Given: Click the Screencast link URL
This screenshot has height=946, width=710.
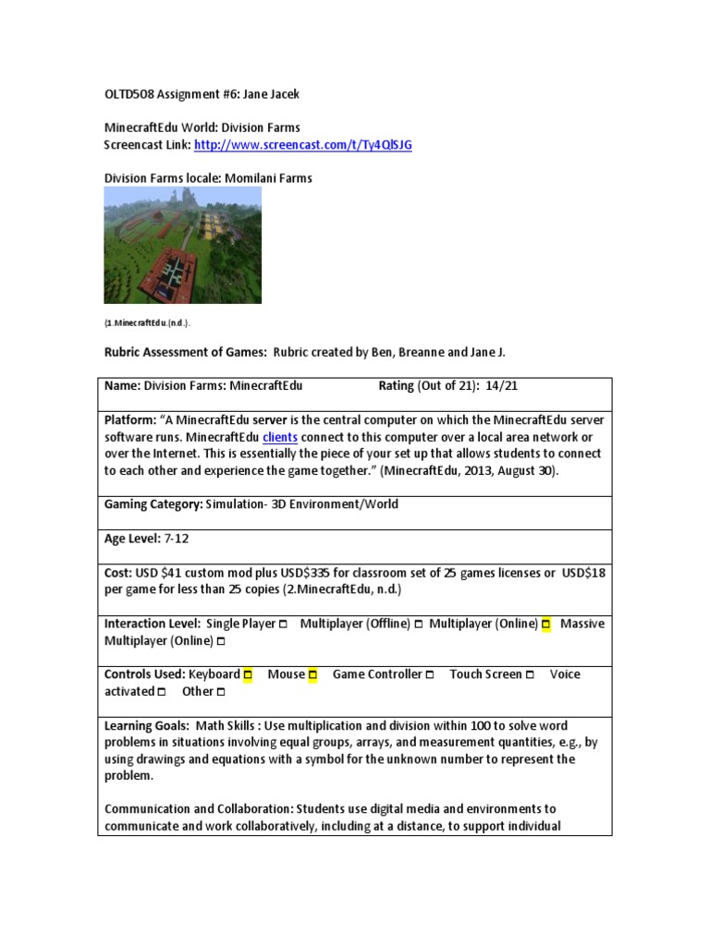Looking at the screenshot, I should pyautogui.click(x=303, y=145).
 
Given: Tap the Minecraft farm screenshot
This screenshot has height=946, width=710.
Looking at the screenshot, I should pyautogui.click(x=183, y=245).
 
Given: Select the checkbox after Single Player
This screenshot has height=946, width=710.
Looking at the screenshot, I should pyautogui.click(x=282, y=625).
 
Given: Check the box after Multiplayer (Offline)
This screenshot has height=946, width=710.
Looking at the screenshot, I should pyautogui.click(x=419, y=625).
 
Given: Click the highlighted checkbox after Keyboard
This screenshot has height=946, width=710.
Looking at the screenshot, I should pyautogui.click(x=248, y=675).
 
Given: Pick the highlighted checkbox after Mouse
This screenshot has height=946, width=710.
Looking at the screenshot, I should pyautogui.click(x=312, y=675).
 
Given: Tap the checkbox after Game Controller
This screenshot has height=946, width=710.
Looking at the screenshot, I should pyautogui.click(x=430, y=675).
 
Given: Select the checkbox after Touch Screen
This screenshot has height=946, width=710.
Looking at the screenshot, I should pyautogui.click(x=530, y=675).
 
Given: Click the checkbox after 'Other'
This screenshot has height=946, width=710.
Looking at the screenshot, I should pyautogui.click(x=220, y=692).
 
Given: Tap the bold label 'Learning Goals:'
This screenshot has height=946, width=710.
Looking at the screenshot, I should pyautogui.click(x=146, y=726).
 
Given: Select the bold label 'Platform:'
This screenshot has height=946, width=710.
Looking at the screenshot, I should pyautogui.click(x=130, y=420).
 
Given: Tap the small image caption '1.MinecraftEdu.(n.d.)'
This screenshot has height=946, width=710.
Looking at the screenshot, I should pyautogui.click(x=147, y=322).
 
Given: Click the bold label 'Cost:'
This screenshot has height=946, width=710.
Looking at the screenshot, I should pyautogui.click(x=118, y=573).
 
